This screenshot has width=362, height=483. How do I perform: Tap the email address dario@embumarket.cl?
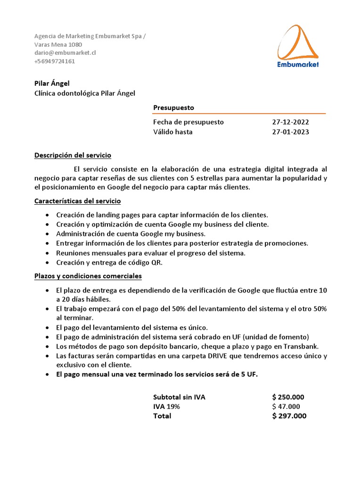65,53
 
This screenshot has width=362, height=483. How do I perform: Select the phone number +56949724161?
55,61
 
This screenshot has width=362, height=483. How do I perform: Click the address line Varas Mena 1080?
58,44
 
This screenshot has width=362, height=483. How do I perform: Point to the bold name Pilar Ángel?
52,83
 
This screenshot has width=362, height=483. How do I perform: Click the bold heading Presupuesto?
173,108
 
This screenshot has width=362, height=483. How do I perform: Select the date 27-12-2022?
290,122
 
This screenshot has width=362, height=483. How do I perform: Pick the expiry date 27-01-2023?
290,132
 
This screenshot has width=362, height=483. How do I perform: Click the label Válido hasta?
173,132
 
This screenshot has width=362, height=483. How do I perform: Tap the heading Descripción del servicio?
73,155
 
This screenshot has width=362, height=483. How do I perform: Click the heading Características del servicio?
78,201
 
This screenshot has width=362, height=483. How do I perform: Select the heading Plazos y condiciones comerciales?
88,276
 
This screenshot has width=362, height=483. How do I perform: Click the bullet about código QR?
109,263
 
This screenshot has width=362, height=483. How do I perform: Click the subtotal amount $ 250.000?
288,397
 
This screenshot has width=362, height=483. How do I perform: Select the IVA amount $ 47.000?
286,407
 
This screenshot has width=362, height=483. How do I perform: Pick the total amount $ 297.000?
289,416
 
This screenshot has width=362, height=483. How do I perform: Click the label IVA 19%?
166,407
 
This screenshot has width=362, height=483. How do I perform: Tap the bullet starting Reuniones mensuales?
150,253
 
